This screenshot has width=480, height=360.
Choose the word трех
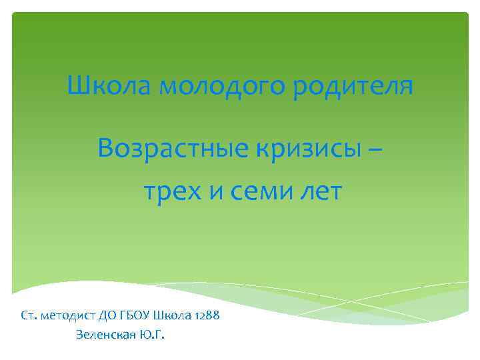[x=172, y=192]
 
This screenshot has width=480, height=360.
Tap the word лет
[x=320, y=192]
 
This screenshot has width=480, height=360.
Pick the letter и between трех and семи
[x=217, y=193]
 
